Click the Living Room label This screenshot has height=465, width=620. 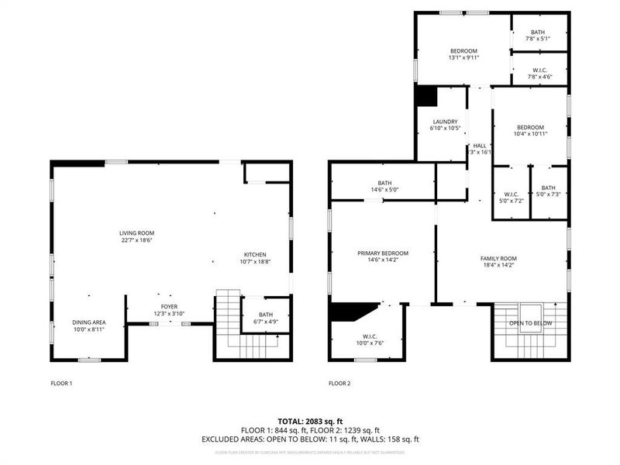coord(136,236)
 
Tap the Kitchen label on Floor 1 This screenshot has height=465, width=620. coord(255,258)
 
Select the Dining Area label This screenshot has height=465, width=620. coord(89,325)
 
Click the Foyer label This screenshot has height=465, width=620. coord(169,311)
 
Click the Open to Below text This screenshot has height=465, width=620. coord(530,323)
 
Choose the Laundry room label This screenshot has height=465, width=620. coord(445,125)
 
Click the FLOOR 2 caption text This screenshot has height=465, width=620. coord(339,383)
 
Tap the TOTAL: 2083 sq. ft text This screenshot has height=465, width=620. coord(310,420)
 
